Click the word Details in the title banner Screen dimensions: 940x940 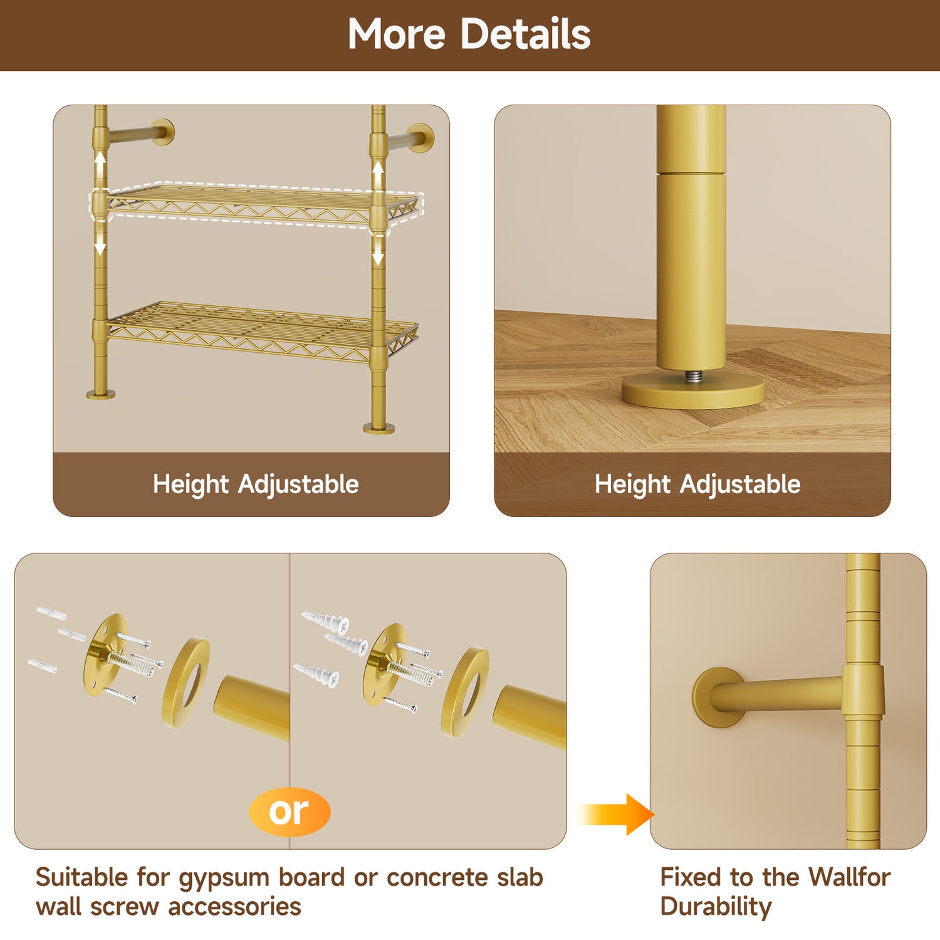(526, 34)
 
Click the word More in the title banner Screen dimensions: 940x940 (396, 34)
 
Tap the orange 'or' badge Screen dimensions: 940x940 (290, 812)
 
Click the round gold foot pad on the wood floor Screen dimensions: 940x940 (693, 392)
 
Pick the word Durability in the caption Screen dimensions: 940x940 (716, 907)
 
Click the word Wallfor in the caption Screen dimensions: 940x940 (849, 877)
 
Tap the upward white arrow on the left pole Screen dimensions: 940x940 (100, 167)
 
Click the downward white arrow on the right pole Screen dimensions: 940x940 (378, 249)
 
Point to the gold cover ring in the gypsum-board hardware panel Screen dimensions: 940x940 (185, 682)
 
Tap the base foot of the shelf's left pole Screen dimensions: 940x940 (101, 394)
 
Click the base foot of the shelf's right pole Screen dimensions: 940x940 (379, 429)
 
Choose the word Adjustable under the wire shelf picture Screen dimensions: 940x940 (298, 485)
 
